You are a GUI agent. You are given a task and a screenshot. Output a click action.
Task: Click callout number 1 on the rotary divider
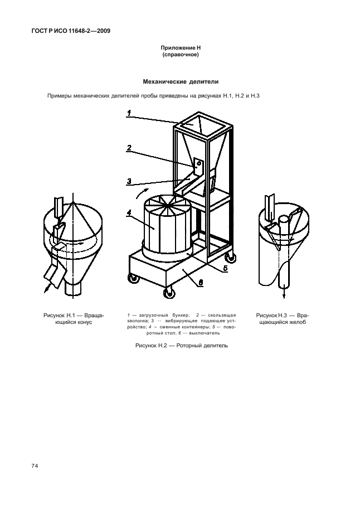[129, 113]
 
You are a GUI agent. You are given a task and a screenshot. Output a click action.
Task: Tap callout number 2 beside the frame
[129, 148]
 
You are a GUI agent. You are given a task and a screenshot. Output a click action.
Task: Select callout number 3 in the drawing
[129, 181]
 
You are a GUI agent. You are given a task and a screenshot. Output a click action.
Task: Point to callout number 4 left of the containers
[129, 213]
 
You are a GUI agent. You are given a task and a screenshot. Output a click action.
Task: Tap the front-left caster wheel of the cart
[133, 279]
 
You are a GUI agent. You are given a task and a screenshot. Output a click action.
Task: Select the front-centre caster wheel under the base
[169, 293]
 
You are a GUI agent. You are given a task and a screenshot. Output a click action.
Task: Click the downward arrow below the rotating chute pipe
[284, 291]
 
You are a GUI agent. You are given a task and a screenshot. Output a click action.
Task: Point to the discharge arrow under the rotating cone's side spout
[48, 287]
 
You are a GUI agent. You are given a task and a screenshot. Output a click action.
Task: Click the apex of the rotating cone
[74, 202]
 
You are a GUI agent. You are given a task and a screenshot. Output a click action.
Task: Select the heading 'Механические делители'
[181, 82]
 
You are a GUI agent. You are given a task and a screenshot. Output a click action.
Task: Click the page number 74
[35, 466]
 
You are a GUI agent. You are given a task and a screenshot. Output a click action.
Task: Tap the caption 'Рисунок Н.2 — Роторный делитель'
[182, 346]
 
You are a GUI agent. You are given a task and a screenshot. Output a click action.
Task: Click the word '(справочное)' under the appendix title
[181, 55]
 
